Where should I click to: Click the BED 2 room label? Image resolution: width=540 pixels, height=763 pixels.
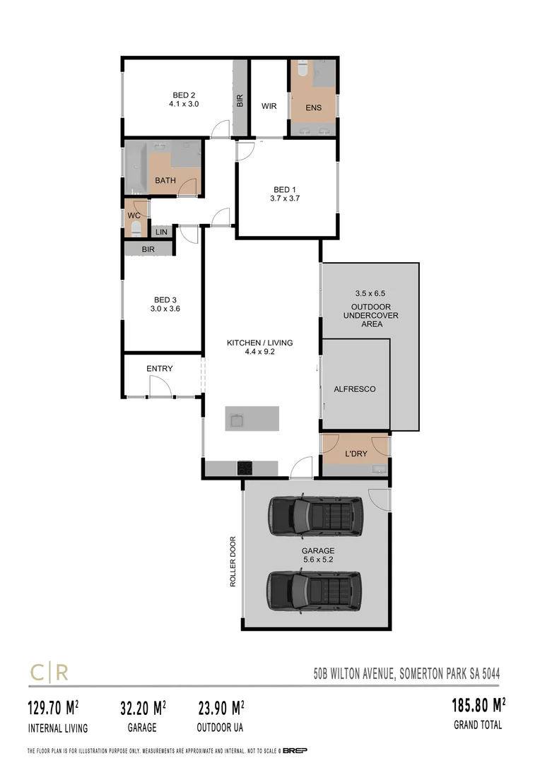point(184,95)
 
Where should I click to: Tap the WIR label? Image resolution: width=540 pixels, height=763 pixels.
point(269,107)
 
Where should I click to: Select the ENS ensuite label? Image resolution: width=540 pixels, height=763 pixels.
point(314,108)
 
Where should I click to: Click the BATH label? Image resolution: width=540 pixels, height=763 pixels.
point(165,181)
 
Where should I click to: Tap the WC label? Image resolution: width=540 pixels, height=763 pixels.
point(133,215)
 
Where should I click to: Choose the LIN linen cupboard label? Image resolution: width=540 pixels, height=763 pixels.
point(161,232)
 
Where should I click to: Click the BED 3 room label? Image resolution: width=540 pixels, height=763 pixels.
point(166,299)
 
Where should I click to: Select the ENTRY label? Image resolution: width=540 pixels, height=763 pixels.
point(160,369)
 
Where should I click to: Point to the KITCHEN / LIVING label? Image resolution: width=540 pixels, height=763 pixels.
point(259,343)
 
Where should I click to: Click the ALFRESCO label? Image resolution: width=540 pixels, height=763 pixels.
point(355,389)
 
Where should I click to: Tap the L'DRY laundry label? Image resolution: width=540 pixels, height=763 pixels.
point(356,454)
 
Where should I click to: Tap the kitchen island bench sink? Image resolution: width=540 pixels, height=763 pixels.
point(235,420)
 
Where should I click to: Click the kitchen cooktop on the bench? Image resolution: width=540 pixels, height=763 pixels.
point(245,467)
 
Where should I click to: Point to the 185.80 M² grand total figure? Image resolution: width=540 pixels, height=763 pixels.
point(479,705)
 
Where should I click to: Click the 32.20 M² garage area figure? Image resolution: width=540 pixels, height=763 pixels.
point(139,707)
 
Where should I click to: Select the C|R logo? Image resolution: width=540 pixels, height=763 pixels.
point(49,672)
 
